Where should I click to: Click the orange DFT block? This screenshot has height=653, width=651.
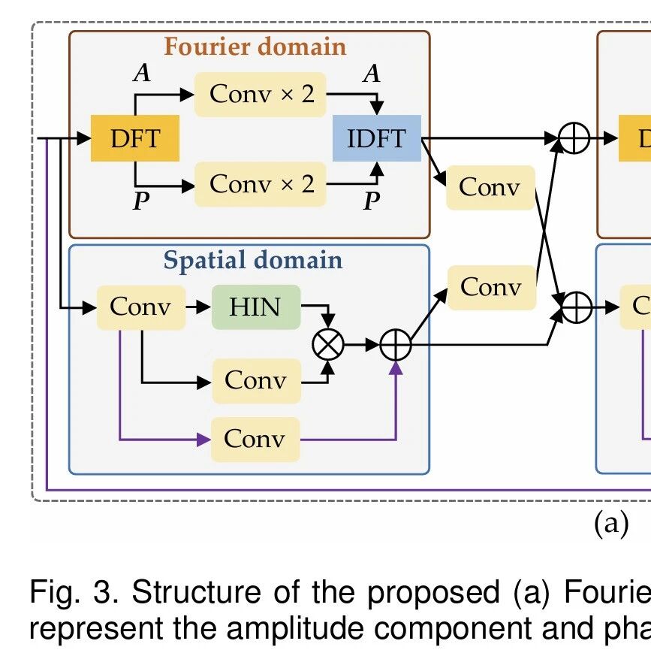(135, 138)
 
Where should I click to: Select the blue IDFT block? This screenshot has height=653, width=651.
(377, 138)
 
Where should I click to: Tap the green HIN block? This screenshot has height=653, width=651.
(256, 307)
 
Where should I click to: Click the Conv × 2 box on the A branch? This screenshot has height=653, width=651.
(260, 95)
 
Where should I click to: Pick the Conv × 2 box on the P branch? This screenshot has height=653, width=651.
(260, 184)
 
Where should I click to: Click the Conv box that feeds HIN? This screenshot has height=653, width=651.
(141, 307)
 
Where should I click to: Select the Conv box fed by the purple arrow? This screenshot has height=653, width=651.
(255, 440)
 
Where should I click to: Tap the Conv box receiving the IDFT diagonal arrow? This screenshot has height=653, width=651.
(491, 187)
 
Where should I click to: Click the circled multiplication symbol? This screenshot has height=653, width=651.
(328, 345)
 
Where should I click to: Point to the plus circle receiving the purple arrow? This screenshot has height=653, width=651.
(396, 345)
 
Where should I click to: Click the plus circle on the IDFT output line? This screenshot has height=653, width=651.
(574, 138)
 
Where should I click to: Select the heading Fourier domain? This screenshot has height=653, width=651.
(255, 47)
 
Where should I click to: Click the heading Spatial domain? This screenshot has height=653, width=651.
(252, 260)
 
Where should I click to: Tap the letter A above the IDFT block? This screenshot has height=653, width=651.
(372, 74)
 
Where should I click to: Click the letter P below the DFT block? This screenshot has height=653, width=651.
(141, 201)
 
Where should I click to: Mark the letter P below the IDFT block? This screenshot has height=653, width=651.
(372, 201)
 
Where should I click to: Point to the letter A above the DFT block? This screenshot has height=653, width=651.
(142, 72)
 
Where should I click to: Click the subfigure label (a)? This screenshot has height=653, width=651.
(611, 524)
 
